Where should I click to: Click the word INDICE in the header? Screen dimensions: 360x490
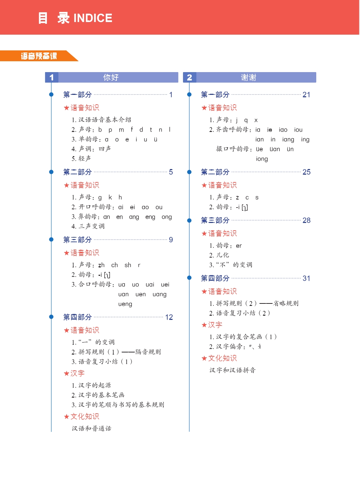point(93,18)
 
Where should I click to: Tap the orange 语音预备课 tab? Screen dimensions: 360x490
point(38,56)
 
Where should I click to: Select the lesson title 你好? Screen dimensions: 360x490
point(111,77)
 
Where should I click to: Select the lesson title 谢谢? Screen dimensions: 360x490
point(248,77)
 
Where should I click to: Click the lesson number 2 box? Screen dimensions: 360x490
point(189,77)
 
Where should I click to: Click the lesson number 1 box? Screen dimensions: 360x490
point(51,77)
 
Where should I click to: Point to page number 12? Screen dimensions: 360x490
point(169,317)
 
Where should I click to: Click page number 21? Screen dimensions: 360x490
point(306,94)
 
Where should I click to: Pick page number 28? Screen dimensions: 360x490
point(306,220)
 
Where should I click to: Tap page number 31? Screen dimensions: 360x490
point(306,278)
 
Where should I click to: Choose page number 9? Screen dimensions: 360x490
point(171,240)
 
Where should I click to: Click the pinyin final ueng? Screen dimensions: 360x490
point(125,304)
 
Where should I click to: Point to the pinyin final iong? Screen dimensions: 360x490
point(262,159)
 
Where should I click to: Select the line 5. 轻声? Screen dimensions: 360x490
point(81,159)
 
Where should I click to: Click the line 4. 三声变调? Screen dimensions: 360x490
point(88,226)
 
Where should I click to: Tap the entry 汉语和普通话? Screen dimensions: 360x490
point(91,428)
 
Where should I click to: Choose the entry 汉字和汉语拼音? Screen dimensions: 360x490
point(232,370)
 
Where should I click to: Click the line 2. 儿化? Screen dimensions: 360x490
point(219,255)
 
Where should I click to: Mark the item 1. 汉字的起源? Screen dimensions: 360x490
point(91,385)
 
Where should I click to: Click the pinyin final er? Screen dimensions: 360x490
point(239,246)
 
